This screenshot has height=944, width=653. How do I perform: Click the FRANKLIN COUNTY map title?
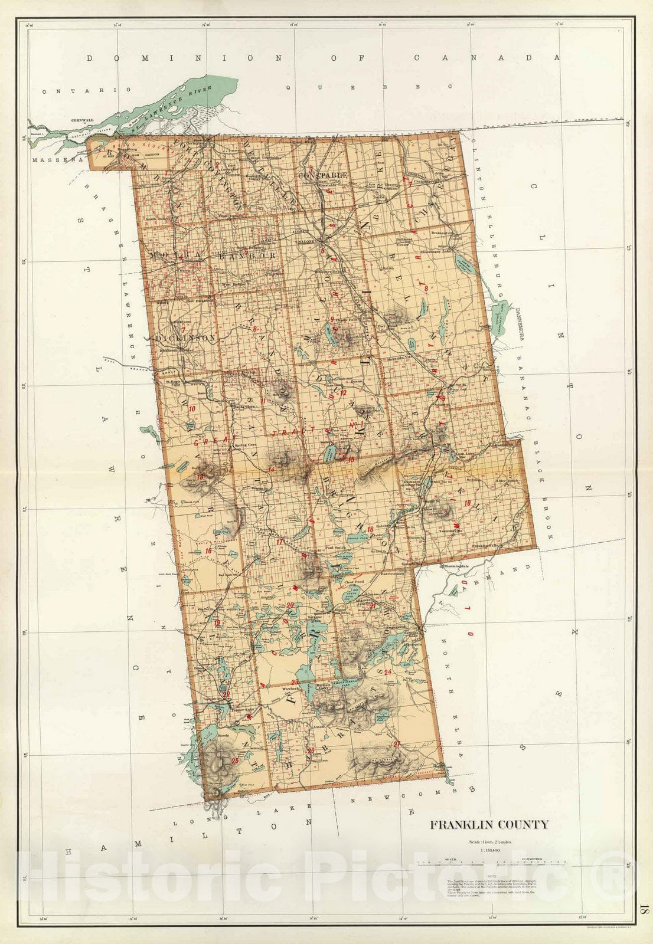tap(489, 825)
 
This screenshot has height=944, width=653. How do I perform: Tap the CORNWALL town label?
tap(82, 120)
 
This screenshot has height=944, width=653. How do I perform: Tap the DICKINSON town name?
tap(185, 338)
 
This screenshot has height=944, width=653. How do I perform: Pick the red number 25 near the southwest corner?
tap(235, 761)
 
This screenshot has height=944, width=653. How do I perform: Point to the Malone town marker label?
tap(306, 242)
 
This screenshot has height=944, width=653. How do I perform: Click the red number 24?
tap(387, 672)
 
